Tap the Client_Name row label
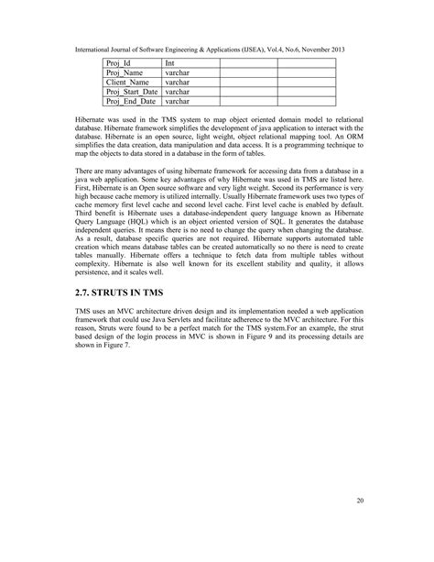pyautogui.click(x=125, y=83)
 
